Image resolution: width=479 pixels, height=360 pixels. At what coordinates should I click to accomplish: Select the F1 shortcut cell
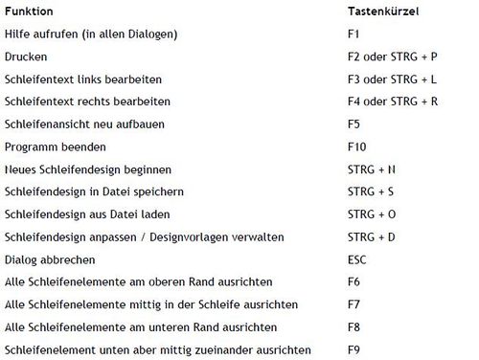point(354,35)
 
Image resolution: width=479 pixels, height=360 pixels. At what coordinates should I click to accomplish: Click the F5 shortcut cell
point(354,124)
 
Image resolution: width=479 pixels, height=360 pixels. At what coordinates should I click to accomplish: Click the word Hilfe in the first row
point(17,35)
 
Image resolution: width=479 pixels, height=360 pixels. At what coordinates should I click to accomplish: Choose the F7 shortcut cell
point(354,304)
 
